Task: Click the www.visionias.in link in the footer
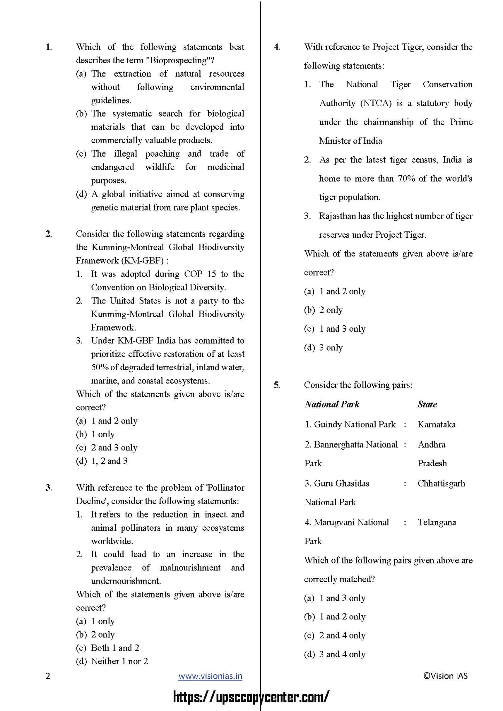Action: click(x=210, y=676)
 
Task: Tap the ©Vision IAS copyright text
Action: click(x=445, y=676)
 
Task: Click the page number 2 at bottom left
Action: click(x=48, y=676)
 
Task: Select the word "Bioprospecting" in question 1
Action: click(x=178, y=60)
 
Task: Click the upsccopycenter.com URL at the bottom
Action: click(x=251, y=697)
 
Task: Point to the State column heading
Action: click(x=427, y=404)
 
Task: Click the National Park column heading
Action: click(x=332, y=404)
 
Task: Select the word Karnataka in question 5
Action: click(x=437, y=424)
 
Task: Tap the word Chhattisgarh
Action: click(x=441, y=483)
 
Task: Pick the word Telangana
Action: click(x=437, y=522)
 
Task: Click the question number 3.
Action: click(x=49, y=488)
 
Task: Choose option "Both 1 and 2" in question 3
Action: click(x=115, y=648)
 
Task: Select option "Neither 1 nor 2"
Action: click(x=119, y=661)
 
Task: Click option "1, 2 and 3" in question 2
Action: click(x=109, y=461)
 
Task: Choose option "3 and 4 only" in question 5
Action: click(x=342, y=654)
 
